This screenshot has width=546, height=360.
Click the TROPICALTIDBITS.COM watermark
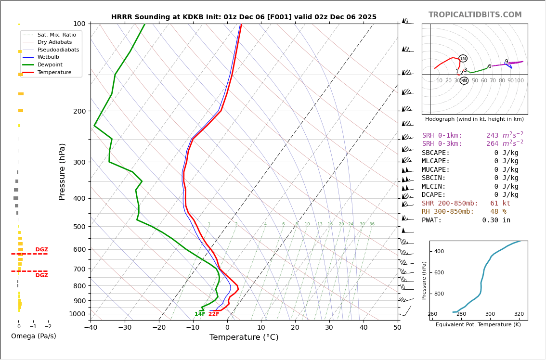coord(475,15)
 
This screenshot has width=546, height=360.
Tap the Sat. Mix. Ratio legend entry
coord(56,35)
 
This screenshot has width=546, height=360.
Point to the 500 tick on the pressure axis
coord(79,227)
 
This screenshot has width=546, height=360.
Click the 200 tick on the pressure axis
coord(79,111)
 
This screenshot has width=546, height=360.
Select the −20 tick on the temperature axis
coord(159,328)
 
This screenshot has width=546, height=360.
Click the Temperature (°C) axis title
coord(244,337)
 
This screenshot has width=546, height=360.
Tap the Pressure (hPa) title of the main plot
coord(62,171)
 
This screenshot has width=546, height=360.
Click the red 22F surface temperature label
coord(214,314)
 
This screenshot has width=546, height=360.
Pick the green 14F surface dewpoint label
coord(200,314)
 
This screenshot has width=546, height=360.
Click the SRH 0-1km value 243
coord(492,136)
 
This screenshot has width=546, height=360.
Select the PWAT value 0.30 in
coord(496,220)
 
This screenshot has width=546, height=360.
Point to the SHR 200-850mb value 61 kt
coord(500,204)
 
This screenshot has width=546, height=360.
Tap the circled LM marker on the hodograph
coord(463,58)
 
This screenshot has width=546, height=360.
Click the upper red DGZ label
coord(42,250)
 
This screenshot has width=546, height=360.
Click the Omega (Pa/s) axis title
coord(34,336)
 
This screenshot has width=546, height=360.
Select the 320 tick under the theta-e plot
coord(519,314)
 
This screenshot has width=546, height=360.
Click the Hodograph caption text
coord(474,119)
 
